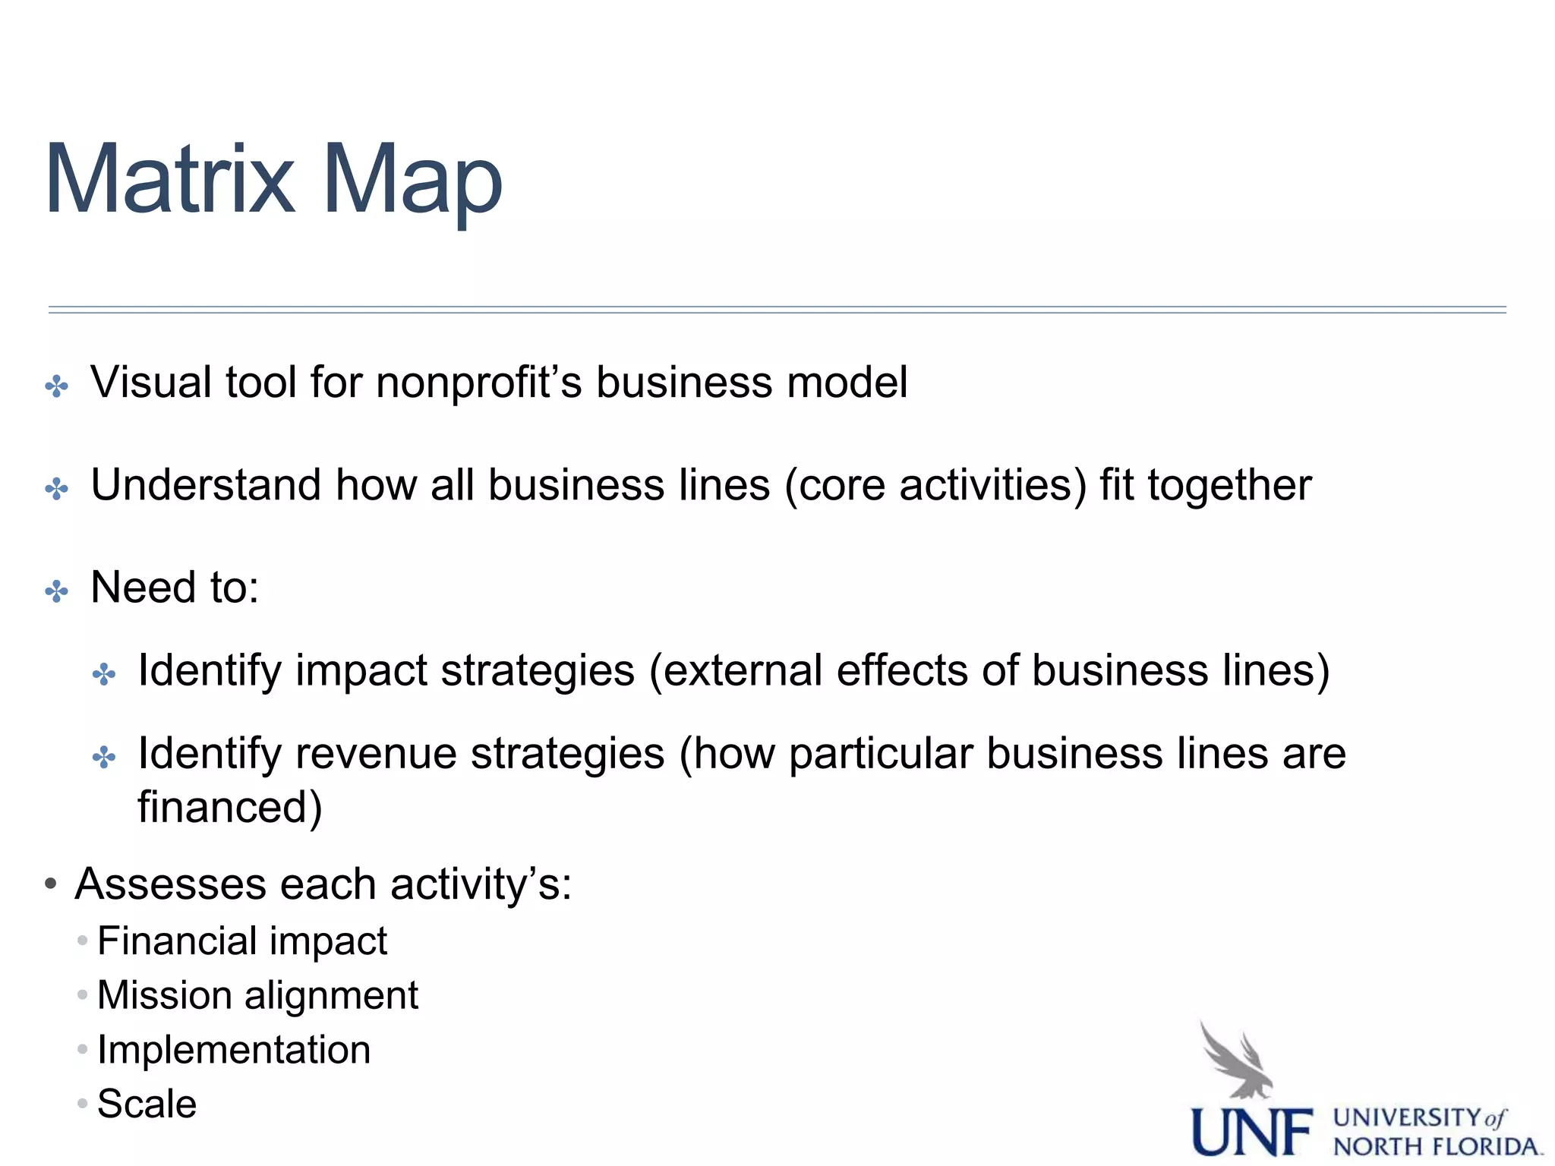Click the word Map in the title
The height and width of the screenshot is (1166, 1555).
point(412,182)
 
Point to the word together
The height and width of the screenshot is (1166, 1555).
point(1229,486)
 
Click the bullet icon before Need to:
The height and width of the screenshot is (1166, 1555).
point(57,591)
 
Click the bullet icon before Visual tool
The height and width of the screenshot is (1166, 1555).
point(57,386)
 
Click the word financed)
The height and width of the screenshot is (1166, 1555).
point(230,807)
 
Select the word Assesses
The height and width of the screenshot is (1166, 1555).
point(171,884)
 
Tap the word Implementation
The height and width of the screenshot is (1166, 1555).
point(234,1050)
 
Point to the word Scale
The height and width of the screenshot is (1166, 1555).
point(147,1104)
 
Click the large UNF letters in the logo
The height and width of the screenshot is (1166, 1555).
point(1251,1132)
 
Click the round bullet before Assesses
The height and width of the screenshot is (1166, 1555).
point(51,884)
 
